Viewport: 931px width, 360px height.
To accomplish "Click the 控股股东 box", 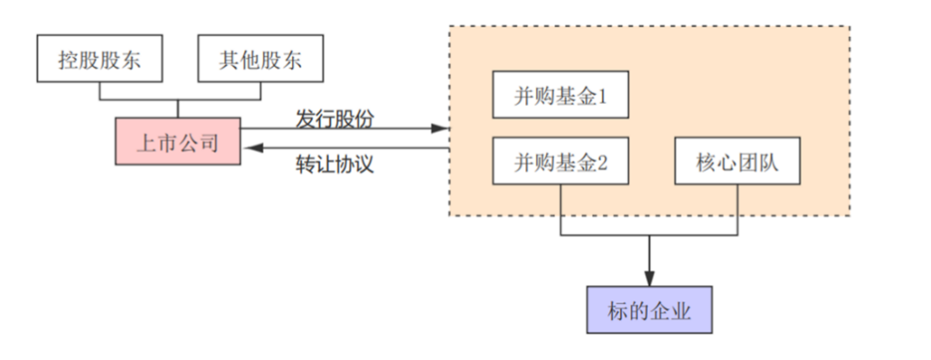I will click(x=99, y=60).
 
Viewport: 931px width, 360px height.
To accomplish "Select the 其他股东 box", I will click(x=260, y=60).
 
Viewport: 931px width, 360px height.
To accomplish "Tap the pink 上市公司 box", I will click(x=178, y=142).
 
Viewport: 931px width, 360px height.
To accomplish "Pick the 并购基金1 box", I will click(x=559, y=96).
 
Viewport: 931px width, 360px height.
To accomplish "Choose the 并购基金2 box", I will click(x=559, y=162).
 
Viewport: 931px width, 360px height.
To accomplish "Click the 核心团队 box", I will click(x=738, y=162).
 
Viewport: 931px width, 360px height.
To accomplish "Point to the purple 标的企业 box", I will click(x=650, y=311).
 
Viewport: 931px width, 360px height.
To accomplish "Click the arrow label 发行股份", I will click(x=335, y=118).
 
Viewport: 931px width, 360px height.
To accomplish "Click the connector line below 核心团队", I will click(x=738, y=211).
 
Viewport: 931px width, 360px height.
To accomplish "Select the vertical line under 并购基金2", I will click(x=561, y=211).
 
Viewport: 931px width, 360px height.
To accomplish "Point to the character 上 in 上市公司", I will click(x=144, y=142).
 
